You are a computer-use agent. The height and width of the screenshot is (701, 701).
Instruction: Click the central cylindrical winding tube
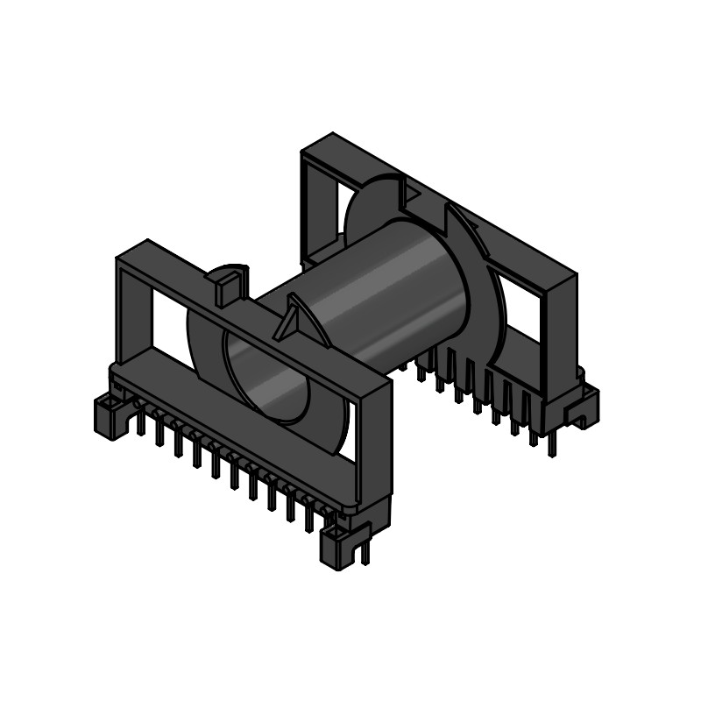pos(386,289)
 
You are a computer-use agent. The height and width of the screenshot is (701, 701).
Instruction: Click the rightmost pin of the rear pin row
pos(551,443)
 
